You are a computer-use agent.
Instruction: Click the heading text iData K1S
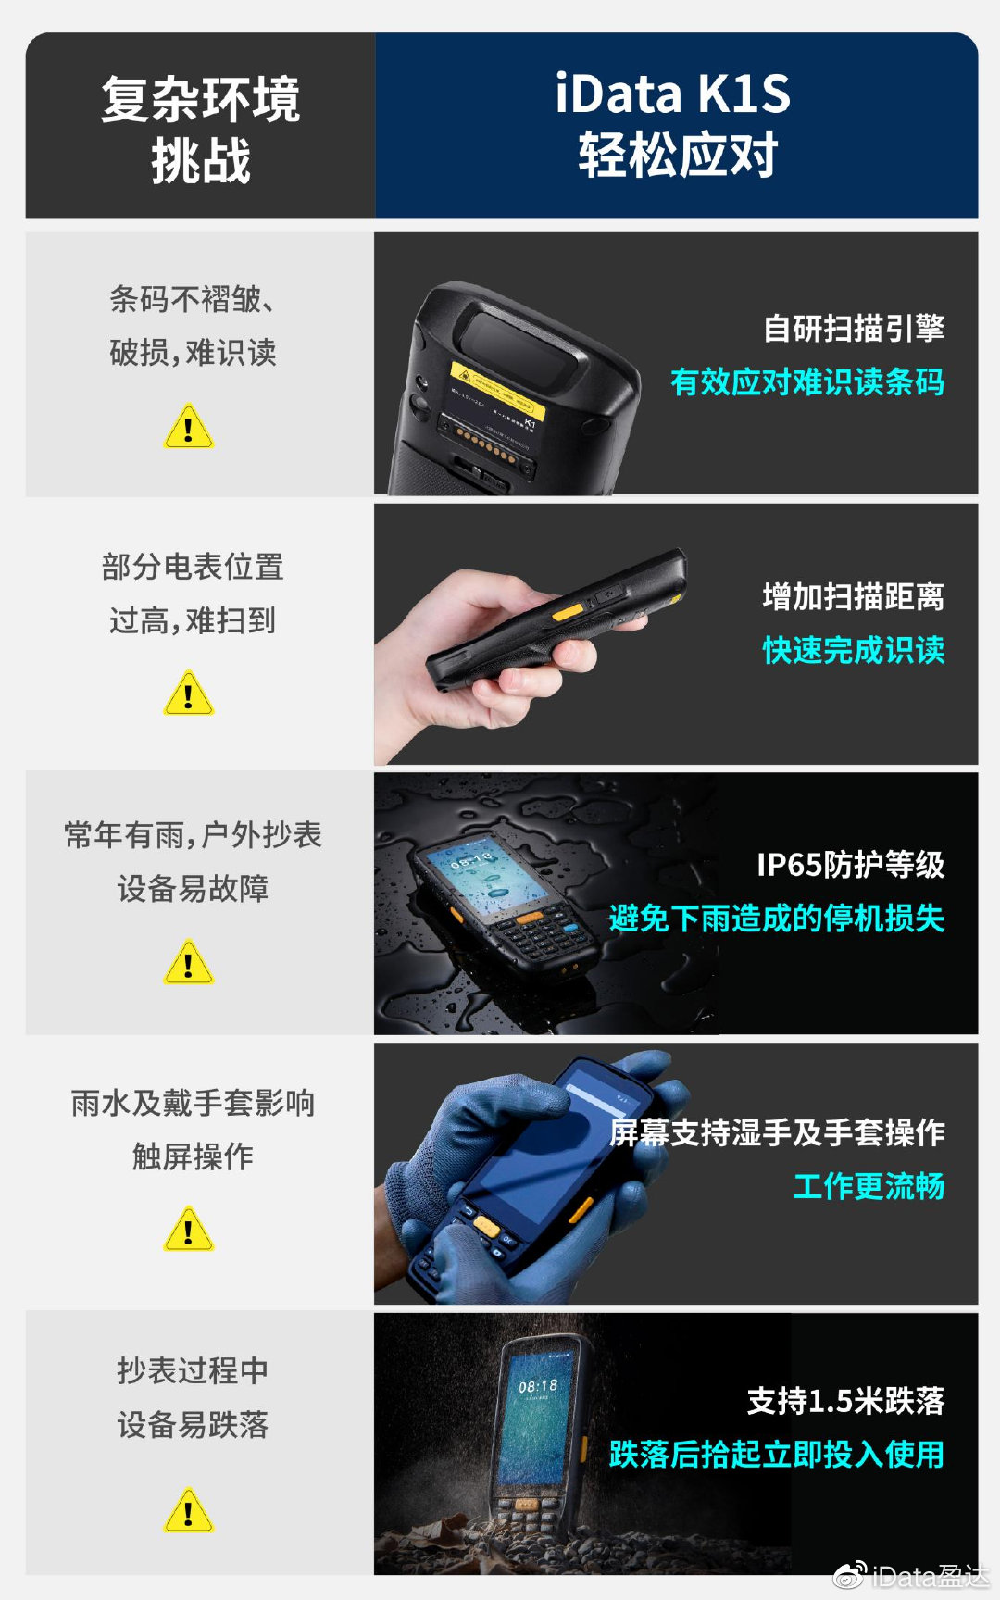(673, 94)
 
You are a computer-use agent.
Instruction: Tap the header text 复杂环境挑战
(201, 129)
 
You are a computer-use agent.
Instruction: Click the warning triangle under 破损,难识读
(189, 428)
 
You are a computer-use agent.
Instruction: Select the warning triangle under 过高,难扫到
(189, 694)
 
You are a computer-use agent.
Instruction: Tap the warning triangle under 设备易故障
(189, 963)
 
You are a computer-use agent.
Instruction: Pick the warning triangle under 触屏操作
(189, 1230)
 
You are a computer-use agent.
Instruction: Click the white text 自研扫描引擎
(853, 328)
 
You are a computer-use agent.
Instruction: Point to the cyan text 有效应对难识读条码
(806, 381)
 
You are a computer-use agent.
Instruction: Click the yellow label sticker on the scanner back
(497, 390)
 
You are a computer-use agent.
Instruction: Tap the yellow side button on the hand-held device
(568, 612)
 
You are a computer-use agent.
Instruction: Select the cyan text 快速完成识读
(853, 650)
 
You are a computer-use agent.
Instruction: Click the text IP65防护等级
(850, 864)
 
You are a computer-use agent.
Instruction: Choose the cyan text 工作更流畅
(869, 1186)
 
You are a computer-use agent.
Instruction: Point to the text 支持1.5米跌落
(845, 1400)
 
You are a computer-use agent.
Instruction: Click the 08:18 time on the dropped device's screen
(538, 1386)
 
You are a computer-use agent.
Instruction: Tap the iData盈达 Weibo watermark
(911, 1575)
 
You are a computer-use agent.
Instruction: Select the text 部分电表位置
(193, 567)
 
